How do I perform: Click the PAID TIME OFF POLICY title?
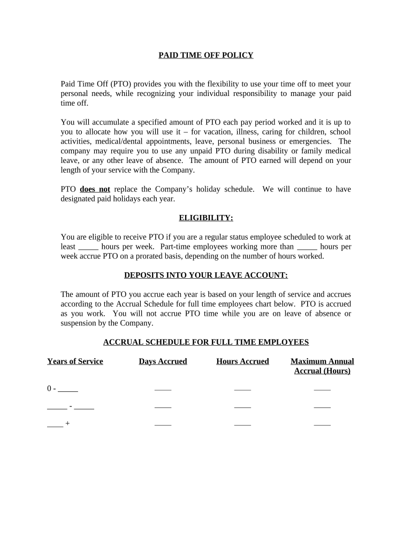206,55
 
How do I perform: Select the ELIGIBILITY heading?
206,218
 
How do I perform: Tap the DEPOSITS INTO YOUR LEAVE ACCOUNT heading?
206,276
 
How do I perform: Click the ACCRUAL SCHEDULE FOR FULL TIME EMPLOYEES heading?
206,342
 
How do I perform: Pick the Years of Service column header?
75,361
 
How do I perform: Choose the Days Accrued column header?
163,361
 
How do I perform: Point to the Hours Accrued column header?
242,361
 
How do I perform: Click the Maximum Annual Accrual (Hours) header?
322,366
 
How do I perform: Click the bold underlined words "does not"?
95,189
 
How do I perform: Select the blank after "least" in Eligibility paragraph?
88,247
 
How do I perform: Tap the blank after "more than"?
307,247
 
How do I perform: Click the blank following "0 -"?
68,389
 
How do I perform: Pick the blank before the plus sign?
55,424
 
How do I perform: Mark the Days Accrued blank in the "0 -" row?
163,389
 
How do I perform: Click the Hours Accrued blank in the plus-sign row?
242,424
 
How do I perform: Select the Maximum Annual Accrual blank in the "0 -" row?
322,389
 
